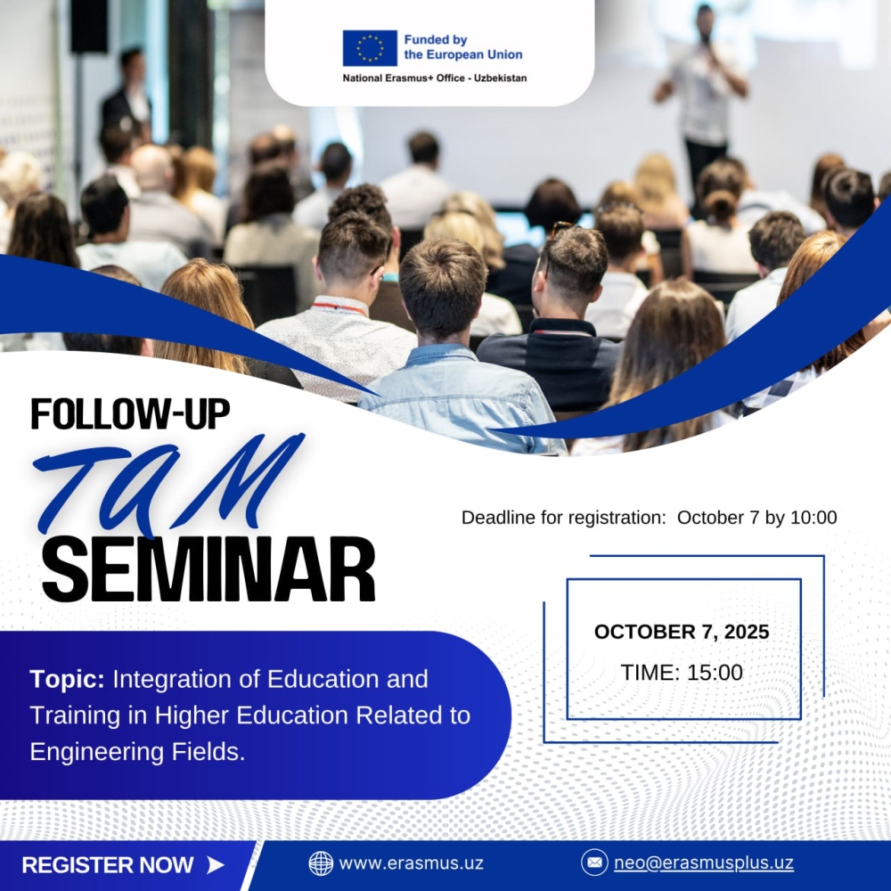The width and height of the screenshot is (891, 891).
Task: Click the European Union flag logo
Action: pos(370,48)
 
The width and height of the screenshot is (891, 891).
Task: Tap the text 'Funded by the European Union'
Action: pos(463,47)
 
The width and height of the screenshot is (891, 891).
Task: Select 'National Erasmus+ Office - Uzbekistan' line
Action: pos(435,78)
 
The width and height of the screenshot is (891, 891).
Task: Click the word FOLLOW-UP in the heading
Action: pos(130,413)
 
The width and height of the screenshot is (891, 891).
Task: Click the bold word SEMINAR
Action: pos(208,569)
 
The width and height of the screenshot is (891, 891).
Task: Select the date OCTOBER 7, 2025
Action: pos(682,632)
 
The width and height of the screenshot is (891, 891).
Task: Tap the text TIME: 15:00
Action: pos(682,672)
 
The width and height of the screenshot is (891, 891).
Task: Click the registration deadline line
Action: pos(649,518)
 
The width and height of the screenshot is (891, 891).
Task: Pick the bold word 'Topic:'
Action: pos(67,680)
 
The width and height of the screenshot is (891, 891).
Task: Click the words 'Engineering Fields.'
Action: pos(137,752)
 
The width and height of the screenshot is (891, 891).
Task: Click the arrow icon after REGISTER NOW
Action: pos(216,865)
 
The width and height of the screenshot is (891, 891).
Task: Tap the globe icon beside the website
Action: pos(321,863)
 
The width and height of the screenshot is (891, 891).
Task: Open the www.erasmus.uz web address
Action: pos(411,863)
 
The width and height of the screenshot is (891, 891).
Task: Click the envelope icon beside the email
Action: pos(594,862)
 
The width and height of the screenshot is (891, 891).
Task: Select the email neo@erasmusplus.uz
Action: pos(704,862)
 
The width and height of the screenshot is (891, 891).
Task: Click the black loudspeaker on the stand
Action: pos(89,26)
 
